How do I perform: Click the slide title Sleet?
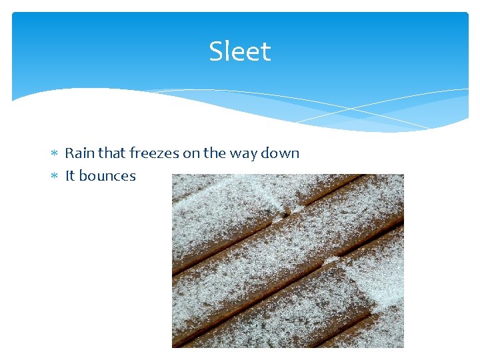pyautogui.click(x=240, y=51)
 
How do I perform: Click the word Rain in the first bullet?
pyautogui.click(x=79, y=153)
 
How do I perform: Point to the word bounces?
pyautogui.click(x=107, y=176)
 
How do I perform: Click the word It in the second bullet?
pyautogui.click(x=70, y=176)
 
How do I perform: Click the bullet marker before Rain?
pyautogui.click(x=55, y=153)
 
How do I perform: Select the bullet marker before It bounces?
pyautogui.click(x=55, y=177)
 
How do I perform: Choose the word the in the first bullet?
pyautogui.click(x=215, y=153)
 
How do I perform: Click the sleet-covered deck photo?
pyautogui.click(x=287, y=261)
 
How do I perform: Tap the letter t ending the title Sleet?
pyautogui.click(x=267, y=52)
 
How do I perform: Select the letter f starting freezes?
pyautogui.click(x=132, y=153)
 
